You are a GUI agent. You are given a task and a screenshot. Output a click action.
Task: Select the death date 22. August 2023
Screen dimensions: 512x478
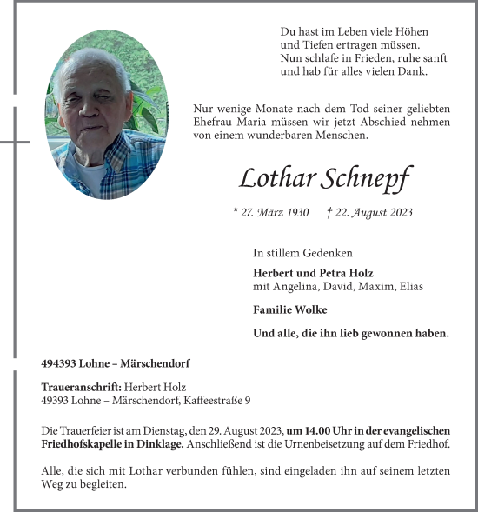[369, 212]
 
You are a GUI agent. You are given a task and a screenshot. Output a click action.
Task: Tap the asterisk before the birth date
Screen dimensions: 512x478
[236, 211]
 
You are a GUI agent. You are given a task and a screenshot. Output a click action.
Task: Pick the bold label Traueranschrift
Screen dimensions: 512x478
[82, 387]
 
